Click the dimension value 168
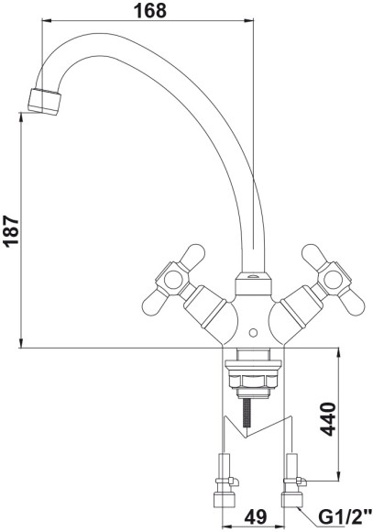pyautogui.click(x=150, y=11)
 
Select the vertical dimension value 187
pyautogui.click(x=11, y=230)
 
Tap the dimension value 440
pyautogui.click(x=328, y=418)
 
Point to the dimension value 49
pyautogui.click(x=256, y=517)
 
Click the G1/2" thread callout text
pyautogui.click(x=344, y=517)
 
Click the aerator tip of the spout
pyautogui.click(x=44, y=102)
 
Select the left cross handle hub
pyautogui.click(x=172, y=279)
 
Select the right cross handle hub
pyautogui.click(x=333, y=280)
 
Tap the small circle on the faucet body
pyautogui.click(x=253, y=333)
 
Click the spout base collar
pyautogui.click(x=253, y=283)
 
